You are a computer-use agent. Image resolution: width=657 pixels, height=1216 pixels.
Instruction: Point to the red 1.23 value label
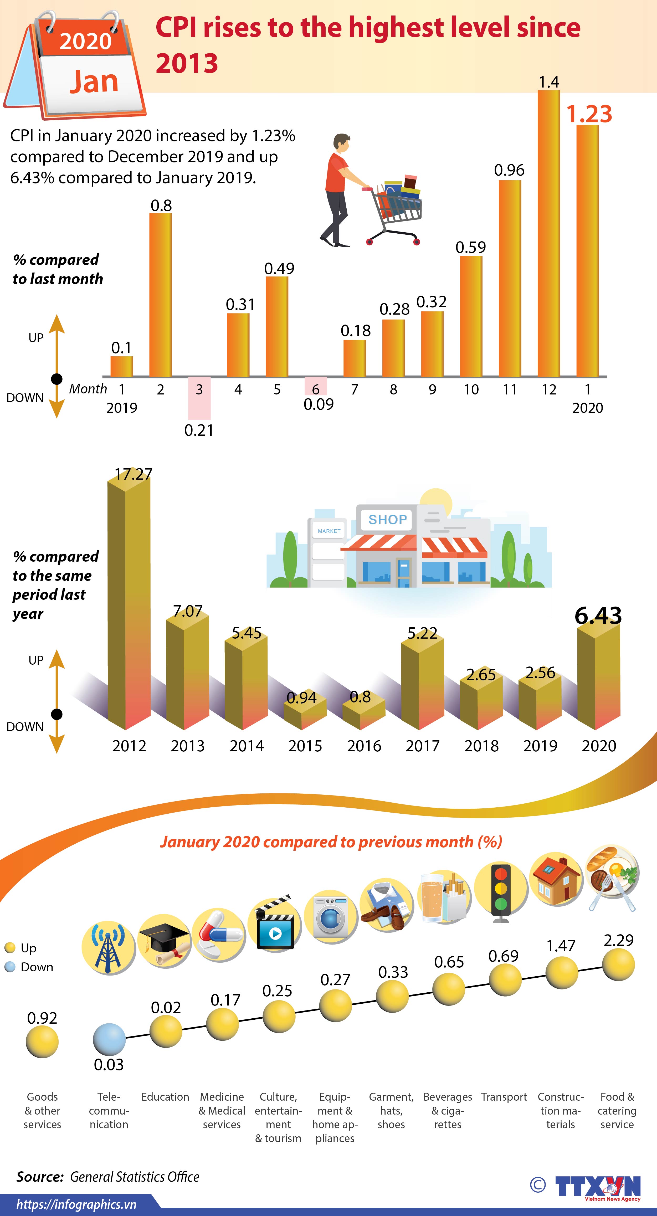[x=589, y=114]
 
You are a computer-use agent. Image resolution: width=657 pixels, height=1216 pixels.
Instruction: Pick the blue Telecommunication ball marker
[x=109, y=1039]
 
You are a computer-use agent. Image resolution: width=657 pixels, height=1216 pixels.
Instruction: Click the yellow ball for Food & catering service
[x=618, y=965]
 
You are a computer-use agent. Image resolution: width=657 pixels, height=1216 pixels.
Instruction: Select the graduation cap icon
[x=164, y=942]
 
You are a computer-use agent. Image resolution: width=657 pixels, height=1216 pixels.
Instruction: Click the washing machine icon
[x=330, y=921]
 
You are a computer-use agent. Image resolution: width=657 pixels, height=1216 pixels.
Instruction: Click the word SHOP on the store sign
[x=387, y=520]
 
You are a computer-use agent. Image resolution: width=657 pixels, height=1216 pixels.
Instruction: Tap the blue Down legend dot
[x=10, y=967]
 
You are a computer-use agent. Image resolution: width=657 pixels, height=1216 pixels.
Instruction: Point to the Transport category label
[x=504, y=1097]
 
